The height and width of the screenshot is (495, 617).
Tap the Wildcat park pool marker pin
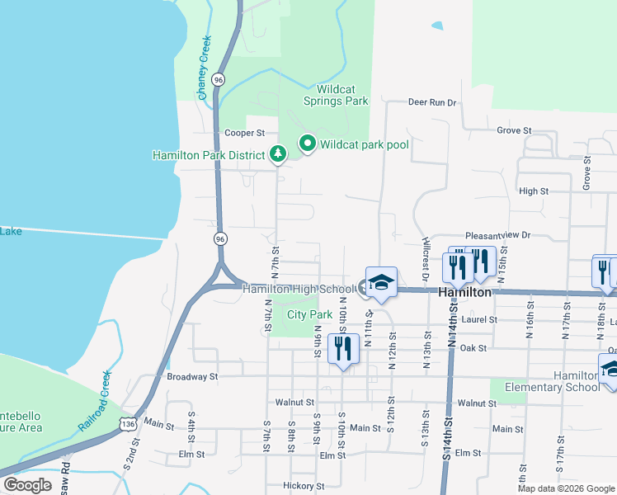click(x=308, y=144)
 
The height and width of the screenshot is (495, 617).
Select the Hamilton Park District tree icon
click(x=279, y=153)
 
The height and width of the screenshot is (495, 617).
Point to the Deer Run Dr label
click(x=432, y=102)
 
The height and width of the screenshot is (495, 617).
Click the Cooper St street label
click(x=244, y=132)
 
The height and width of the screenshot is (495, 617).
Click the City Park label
click(x=309, y=314)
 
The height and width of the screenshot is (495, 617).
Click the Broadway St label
click(x=192, y=376)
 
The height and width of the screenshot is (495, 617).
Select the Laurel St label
click(x=480, y=319)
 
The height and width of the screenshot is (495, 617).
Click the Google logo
click(x=27, y=484)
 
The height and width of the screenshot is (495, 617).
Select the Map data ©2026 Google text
click(x=565, y=488)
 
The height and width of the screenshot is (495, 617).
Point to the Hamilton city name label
click(x=465, y=292)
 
